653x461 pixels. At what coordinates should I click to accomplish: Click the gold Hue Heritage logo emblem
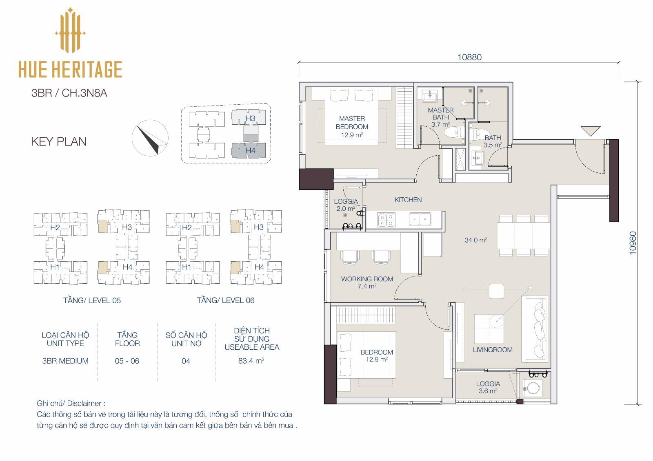pyautogui.click(x=70, y=30)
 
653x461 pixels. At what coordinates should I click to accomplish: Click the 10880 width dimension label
pyautogui.click(x=469, y=57)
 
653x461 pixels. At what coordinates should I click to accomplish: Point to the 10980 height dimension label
pyautogui.click(x=632, y=243)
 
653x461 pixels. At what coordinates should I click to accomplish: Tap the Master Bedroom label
pyautogui.click(x=352, y=127)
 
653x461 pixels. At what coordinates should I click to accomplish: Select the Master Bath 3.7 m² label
pyautogui.click(x=440, y=117)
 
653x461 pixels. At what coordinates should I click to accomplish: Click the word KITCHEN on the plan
pyautogui.click(x=408, y=200)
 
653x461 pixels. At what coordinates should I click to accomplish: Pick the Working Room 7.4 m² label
pyautogui.click(x=367, y=282)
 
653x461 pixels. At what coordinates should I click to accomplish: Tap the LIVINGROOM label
pyautogui.click(x=492, y=350)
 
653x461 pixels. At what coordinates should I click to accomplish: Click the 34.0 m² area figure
pyautogui.click(x=476, y=240)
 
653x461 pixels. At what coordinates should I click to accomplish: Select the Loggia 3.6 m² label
pyautogui.click(x=488, y=387)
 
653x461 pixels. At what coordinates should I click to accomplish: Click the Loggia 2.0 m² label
pyautogui.click(x=346, y=205)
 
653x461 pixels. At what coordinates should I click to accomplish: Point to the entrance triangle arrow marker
pyautogui.click(x=591, y=131)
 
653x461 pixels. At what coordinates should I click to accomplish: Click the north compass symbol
pyautogui.click(x=150, y=138)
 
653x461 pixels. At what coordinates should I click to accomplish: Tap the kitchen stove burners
pyautogui.click(x=386, y=220)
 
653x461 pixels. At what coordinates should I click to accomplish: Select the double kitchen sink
pyautogui.click(x=420, y=219)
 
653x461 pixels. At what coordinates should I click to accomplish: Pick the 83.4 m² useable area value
pyautogui.click(x=251, y=361)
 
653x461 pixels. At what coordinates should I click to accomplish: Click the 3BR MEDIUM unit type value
pyautogui.click(x=65, y=361)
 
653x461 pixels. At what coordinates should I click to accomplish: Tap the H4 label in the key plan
pyautogui.click(x=251, y=150)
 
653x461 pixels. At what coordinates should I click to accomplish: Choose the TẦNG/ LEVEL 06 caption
pyautogui.click(x=226, y=300)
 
